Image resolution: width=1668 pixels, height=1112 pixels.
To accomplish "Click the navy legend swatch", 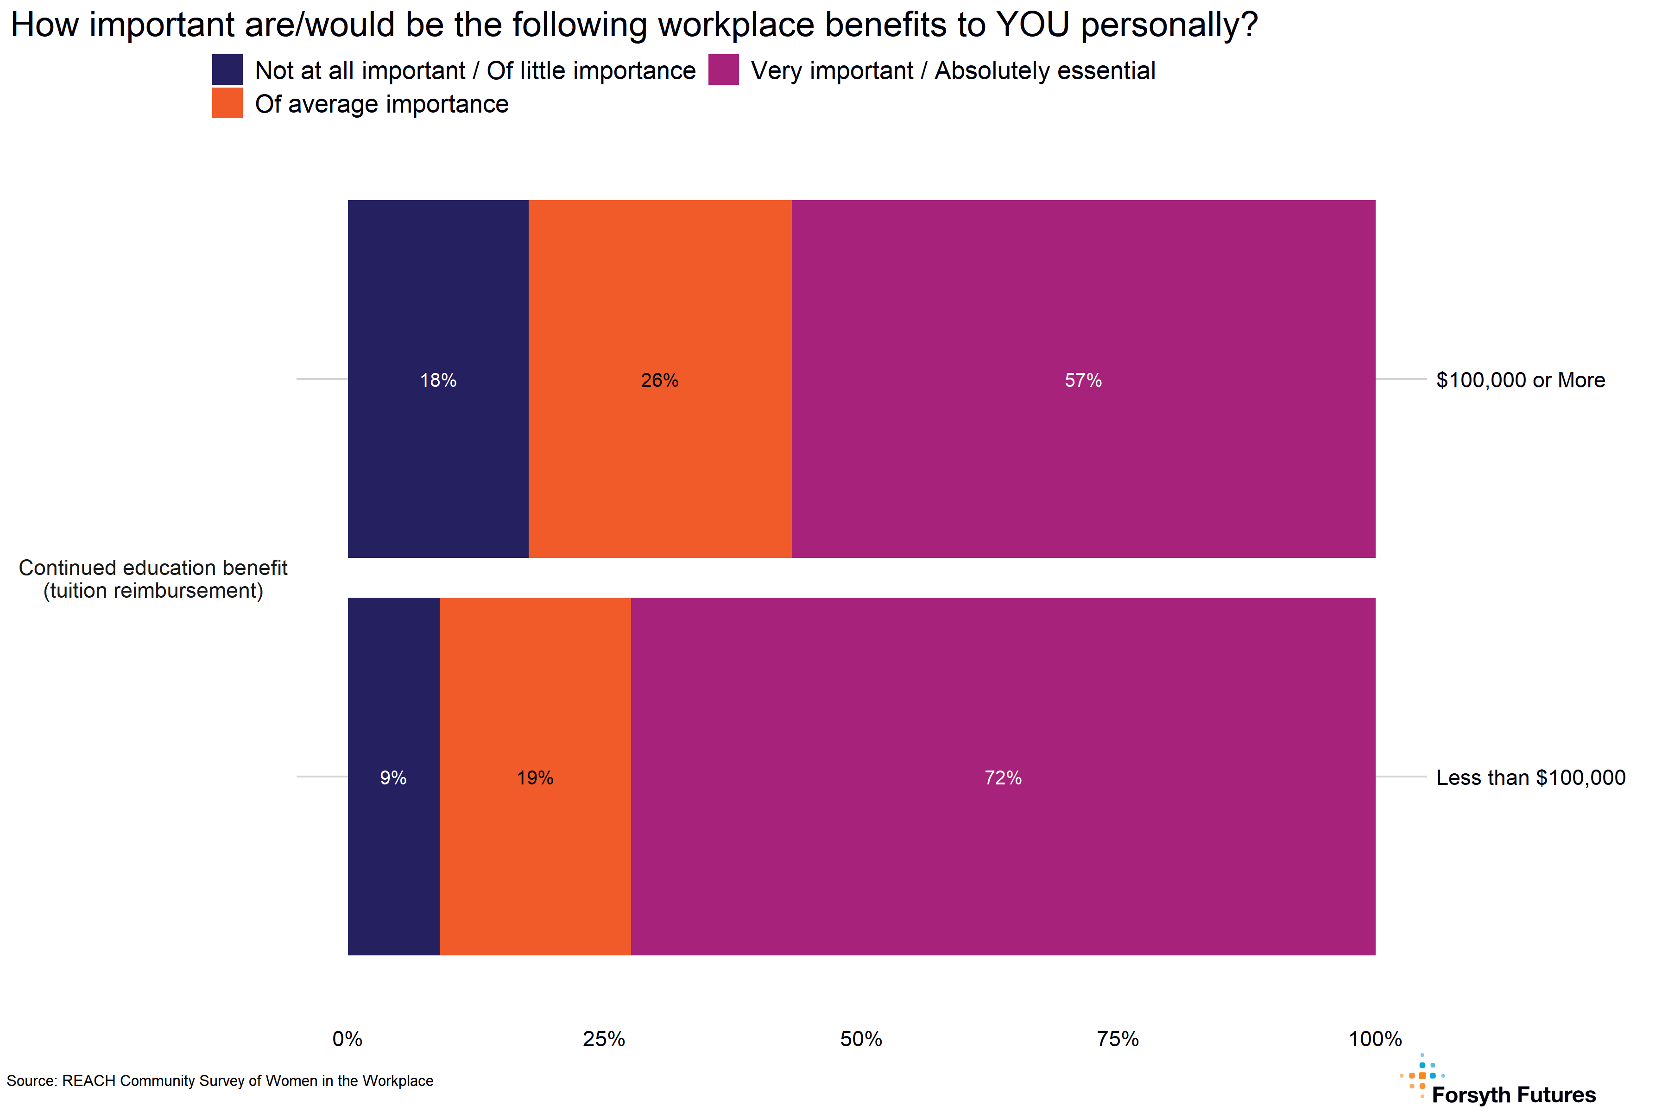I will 227,69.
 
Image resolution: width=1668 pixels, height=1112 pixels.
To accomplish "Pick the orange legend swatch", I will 227,103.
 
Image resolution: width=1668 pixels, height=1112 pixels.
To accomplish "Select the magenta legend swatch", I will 723,69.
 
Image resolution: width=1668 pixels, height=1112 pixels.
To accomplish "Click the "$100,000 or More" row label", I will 1521,380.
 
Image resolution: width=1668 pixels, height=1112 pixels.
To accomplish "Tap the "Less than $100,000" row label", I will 1530,778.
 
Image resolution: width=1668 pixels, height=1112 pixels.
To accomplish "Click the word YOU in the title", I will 1033,25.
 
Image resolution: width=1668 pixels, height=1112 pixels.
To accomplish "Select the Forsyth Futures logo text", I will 1513,1094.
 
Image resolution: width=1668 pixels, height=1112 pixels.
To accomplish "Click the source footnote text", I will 220,1081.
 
